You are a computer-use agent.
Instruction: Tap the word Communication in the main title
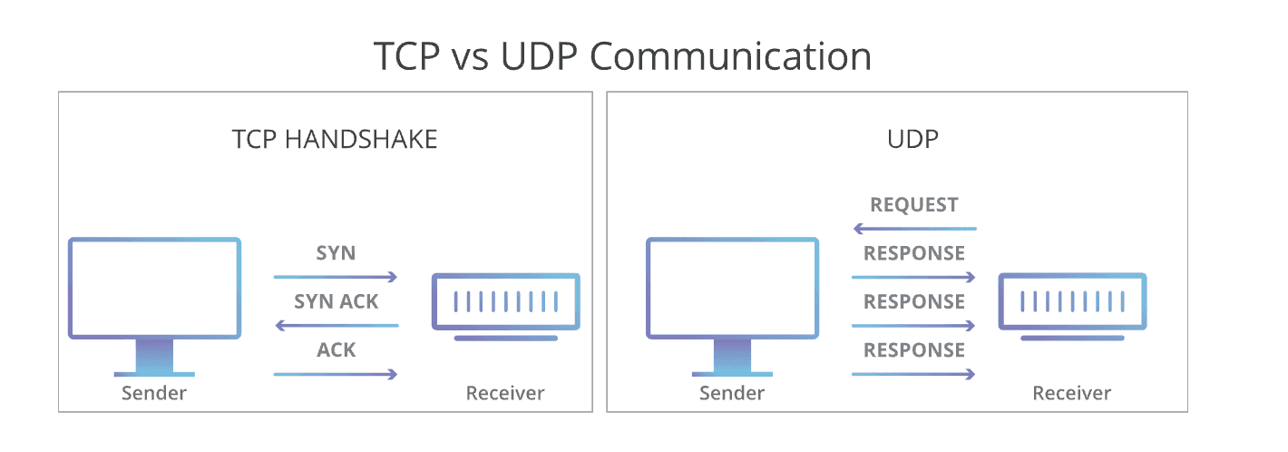click(x=730, y=56)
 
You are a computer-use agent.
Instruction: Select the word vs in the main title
click(x=471, y=56)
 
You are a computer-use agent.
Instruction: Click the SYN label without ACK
click(x=336, y=253)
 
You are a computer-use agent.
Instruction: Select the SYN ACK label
click(x=336, y=301)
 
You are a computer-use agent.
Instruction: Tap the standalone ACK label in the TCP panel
click(x=336, y=350)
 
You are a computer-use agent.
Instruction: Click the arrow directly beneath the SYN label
click(x=336, y=277)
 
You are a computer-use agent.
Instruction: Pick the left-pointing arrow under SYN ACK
click(x=336, y=325)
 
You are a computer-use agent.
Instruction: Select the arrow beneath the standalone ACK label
click(x=336, y=374)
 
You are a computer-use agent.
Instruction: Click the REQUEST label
click(x=913, y=205)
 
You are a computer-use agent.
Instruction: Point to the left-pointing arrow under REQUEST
click(x=913, y=229)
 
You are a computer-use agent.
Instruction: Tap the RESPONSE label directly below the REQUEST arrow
click(x=913, y=253)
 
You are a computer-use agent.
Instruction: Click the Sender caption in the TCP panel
click(x=154, y=393)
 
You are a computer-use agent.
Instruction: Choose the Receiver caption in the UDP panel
click(x=1072, y=393)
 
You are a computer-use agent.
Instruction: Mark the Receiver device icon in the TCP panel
click(x=505, y=302)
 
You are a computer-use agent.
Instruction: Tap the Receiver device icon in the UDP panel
click(x=1072, y=302)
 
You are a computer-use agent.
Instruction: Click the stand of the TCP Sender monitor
click(x=154, y=356)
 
